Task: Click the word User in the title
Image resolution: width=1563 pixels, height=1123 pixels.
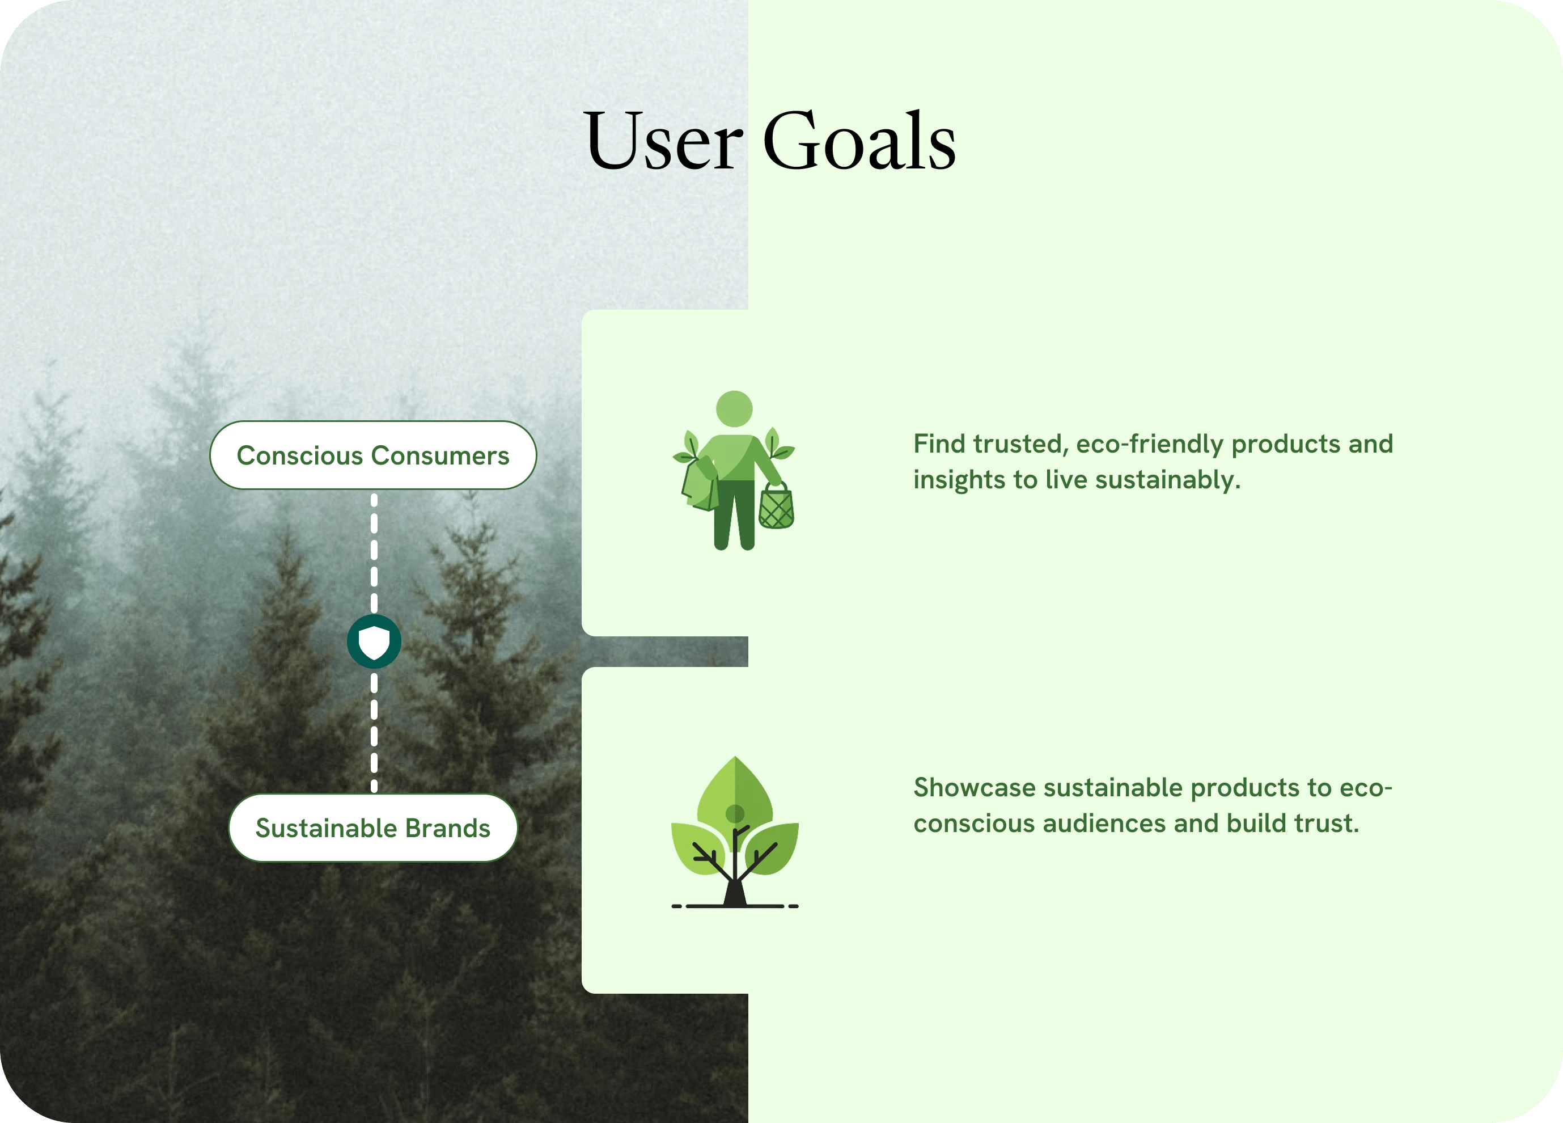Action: point(663,141)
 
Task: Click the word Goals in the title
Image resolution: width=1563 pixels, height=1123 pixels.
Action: point(859,141)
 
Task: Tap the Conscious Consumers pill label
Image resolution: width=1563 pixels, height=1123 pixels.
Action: point(373,455)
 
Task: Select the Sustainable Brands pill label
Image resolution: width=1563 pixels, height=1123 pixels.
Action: point(373,828)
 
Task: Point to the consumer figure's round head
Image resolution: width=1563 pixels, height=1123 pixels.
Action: point(734,409)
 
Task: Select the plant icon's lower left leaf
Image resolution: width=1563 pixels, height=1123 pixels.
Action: point(697,848)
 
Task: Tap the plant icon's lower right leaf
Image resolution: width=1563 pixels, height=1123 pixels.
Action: point(772,848)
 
